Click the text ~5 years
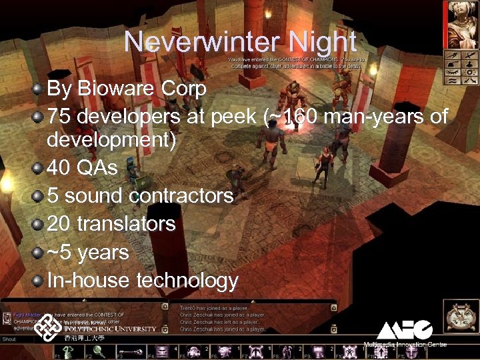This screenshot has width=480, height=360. click(x=87, y=253)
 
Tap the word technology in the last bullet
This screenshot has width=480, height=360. click(x=187, y=280)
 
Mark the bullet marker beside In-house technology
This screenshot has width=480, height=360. click(x=39, y=280)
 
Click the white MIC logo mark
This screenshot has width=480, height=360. click(x=405, y=329)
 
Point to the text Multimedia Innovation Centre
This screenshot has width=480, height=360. click(x=405, y=345)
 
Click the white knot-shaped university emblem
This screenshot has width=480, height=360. click(x=49, y=329)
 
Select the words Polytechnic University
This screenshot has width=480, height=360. click(x=110, y=329)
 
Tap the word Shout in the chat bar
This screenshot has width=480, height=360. click(x=9, y=339)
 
